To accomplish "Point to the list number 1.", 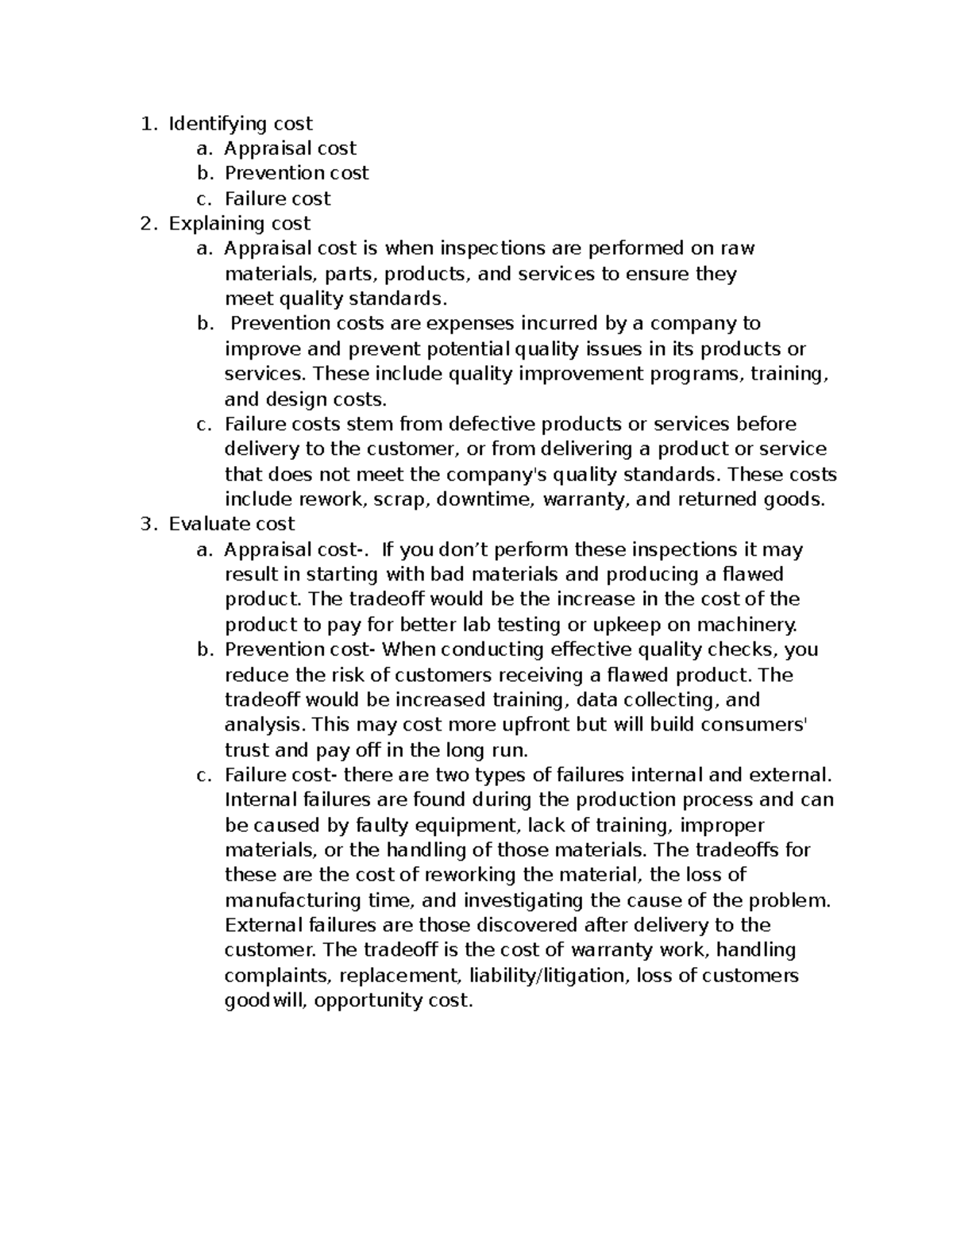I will tap(145, 123).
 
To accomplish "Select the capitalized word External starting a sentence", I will tap(264, 925).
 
